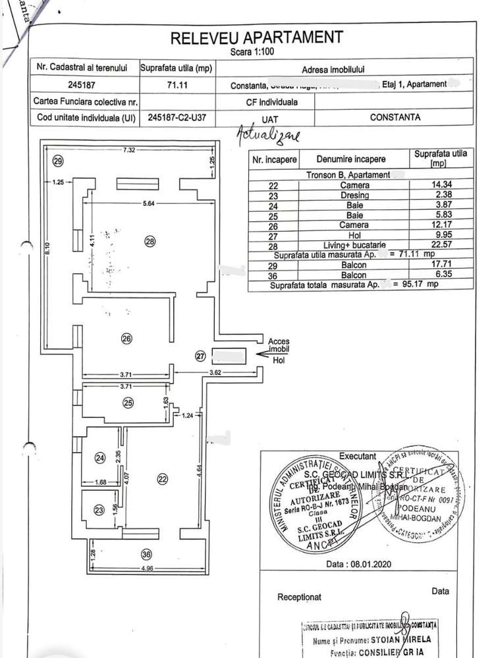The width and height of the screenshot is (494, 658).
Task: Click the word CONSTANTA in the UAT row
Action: tap(395, 118)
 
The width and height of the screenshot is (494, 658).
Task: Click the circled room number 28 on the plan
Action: tap(150, 241)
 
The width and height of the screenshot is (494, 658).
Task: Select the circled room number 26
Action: tap(127, 338)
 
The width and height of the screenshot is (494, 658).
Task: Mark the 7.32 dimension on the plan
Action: tap(128, 150)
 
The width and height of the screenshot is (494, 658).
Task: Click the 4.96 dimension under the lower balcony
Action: tap(147, 570)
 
